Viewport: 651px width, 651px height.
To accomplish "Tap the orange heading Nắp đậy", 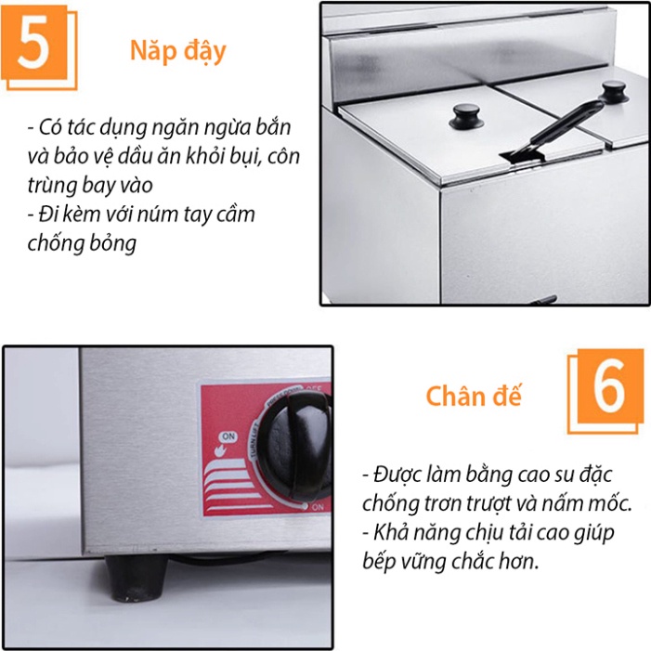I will click(177, 51).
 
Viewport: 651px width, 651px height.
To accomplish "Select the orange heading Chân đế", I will click(474, 397).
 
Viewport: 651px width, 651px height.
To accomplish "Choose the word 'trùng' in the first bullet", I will click(54, 185).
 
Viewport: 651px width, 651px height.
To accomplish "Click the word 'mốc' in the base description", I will click(608, 504).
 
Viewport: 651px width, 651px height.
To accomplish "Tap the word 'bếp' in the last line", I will click(383, 564).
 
